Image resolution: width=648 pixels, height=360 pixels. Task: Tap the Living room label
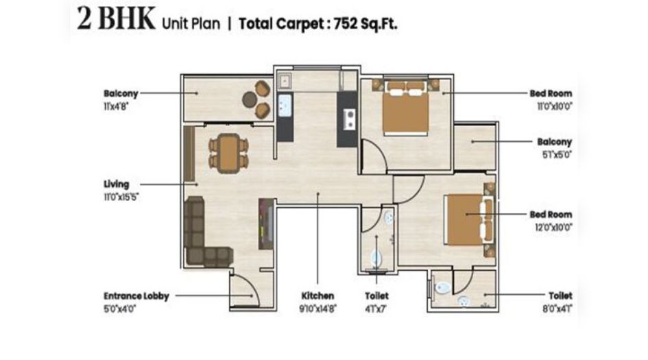[x=116, y=184]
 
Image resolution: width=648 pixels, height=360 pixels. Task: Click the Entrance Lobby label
[x=134, y=296]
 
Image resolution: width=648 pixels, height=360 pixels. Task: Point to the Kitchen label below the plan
[x=317, y=296]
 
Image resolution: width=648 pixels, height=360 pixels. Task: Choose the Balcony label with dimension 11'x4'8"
[x=121, y=93]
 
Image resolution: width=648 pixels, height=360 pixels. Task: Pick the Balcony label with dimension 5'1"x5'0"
[x=554, y=142]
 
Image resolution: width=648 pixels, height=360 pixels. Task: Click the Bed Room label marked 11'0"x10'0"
[x=551, y=93]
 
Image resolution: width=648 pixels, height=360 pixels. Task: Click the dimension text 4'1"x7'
[x=376, y=309]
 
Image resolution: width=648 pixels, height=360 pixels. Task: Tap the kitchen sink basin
[x=285, y=106]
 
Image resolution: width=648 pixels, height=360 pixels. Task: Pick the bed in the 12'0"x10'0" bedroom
[x=469, y=221]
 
